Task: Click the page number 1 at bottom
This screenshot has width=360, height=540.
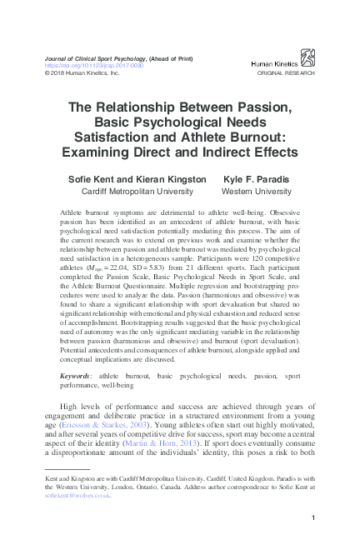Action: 311,520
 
